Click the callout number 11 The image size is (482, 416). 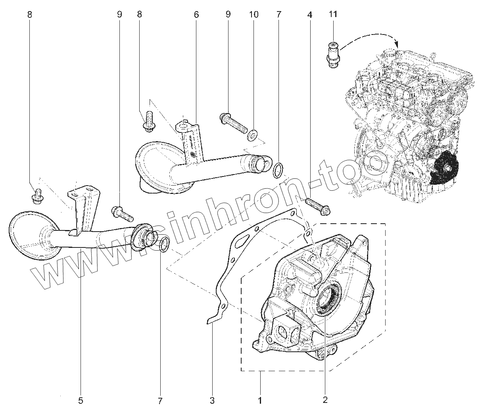pyautogui.click(x=333, y=14)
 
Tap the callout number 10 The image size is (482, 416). pyautogui.click(x=253, y=14)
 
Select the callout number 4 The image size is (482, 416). pyautogui.click(x=309, y=15)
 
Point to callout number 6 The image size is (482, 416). pyautogui.click(x=196, y=14)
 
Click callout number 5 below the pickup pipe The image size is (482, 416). pyautogui.click(x=81, y=401)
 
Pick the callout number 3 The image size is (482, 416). pyautogui.click(x=212, y=401)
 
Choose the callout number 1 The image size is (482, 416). pyautogui.click(x=260, y=401)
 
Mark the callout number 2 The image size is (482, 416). pyautogui.click(x=325, y=400)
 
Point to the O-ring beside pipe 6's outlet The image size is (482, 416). pyautogui.click(x=278, y=169)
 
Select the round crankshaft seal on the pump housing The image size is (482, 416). pyautogui.click(x=328, y=296)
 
